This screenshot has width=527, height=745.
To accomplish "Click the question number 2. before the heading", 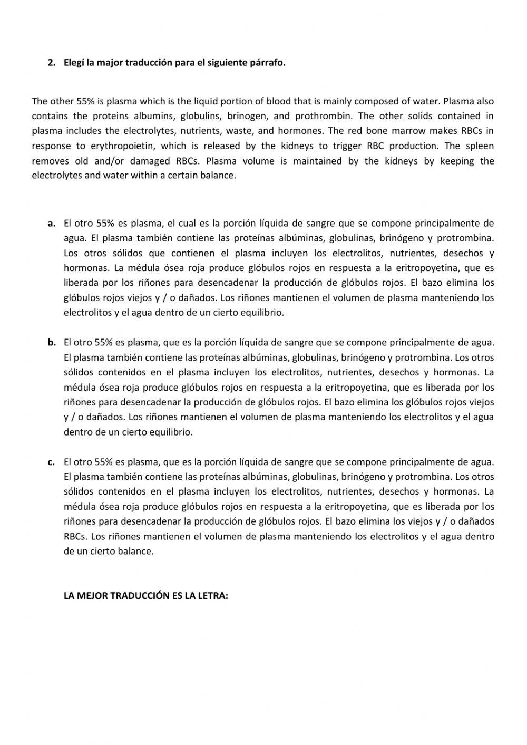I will click(51, 63).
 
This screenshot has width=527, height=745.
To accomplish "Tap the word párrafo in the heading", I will click(268, 63).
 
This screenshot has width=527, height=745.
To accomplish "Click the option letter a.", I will click(52, 224).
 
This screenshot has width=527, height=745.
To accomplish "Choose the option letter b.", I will click(52, 343).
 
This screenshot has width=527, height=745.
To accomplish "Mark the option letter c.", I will click(51, 462).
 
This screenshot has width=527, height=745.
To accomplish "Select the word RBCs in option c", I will click(75, 537).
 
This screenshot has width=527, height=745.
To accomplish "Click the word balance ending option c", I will click(136, 552).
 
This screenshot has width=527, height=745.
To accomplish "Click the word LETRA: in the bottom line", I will click(210, 596).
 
